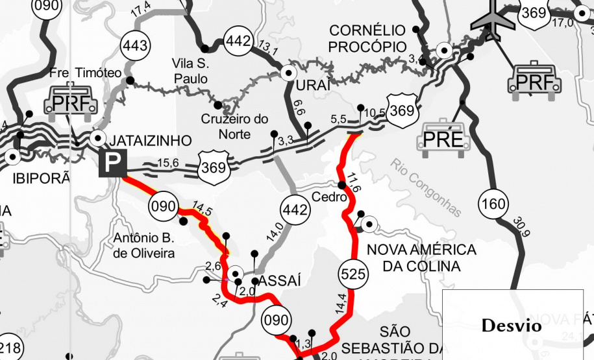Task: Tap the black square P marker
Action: click(x=112, y=165)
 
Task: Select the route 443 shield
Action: click(x=135, y=46)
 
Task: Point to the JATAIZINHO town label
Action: click(x=152, y=141)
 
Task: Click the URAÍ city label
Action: click(x=313, y=86)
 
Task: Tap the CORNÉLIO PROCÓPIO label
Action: click(x=367, y=38)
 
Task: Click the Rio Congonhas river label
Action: click(x=426, y=187)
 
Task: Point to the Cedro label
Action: click(x=327, y=197)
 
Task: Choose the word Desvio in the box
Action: click(x=512, y=326)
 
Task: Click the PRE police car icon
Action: click(x=444, y=137)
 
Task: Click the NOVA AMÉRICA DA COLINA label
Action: click(x=422, y=258)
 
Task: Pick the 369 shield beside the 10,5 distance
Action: click(x=401, y=110)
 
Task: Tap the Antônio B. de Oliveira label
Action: click(x=144, y=246)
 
